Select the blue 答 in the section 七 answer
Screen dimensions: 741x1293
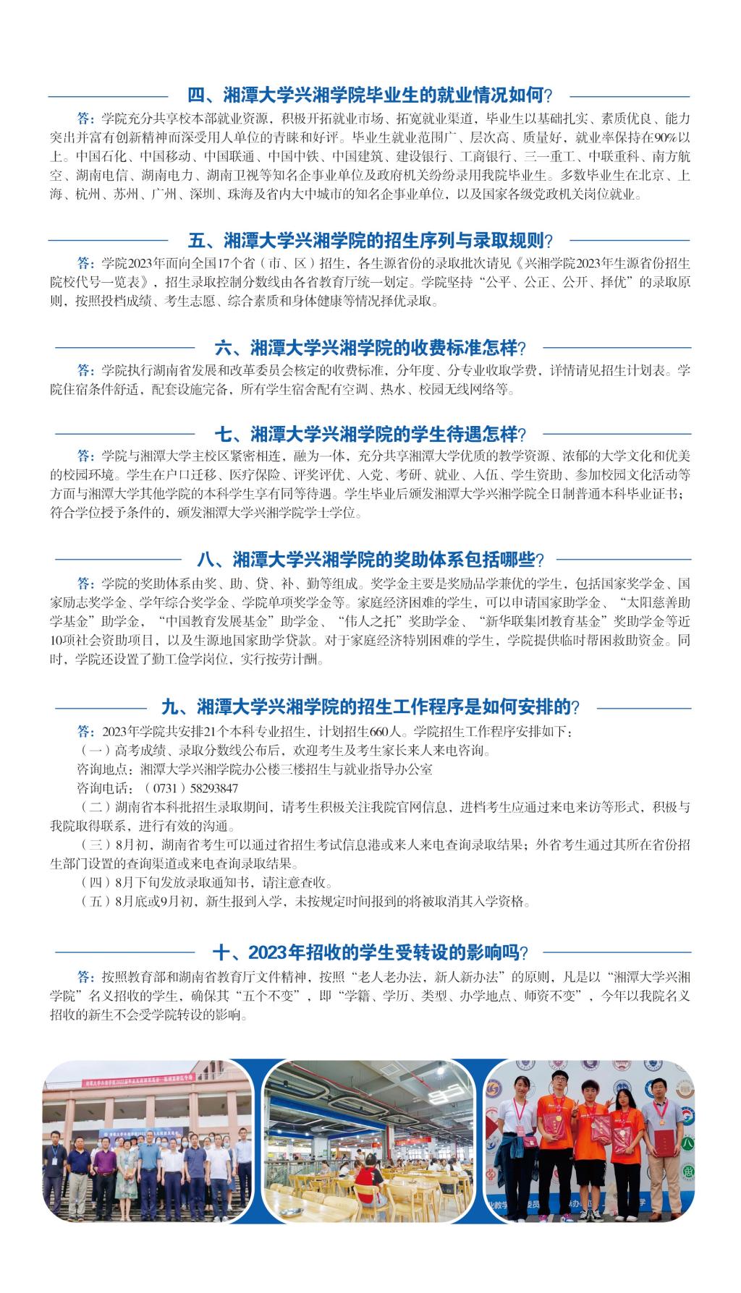[85, 457]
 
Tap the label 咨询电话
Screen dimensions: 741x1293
[99, 788]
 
